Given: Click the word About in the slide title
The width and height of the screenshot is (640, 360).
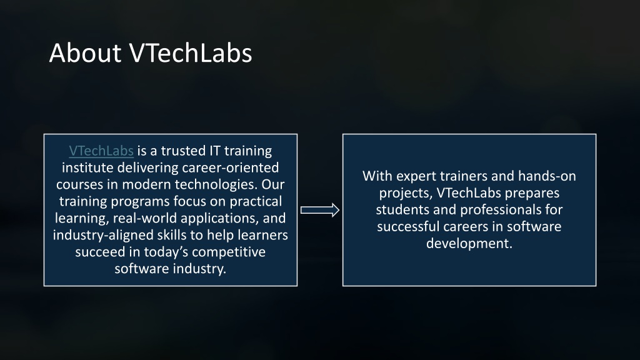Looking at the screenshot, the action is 85,53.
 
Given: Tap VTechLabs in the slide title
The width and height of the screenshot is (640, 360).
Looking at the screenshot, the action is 191,53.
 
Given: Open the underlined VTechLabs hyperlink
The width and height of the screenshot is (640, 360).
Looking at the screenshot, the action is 101,151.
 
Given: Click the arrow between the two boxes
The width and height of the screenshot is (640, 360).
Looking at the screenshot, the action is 320,210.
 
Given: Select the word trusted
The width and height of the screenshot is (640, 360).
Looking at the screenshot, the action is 183,151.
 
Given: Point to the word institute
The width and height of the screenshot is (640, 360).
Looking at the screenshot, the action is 87,167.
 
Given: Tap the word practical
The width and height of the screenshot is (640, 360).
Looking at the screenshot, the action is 256,202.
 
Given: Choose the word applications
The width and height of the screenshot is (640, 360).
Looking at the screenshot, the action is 219,218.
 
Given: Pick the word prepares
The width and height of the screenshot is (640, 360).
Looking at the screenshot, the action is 526,193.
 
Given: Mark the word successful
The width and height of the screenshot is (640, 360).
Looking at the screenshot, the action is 405,226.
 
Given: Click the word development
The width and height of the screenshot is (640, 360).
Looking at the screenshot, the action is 469,244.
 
